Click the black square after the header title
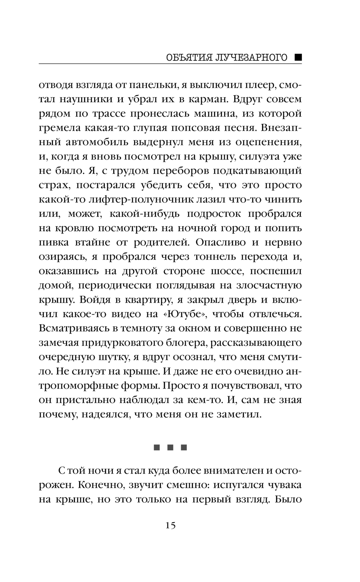click(x=298, y=57)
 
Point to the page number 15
click(x=171, y=525)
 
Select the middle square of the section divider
click(x=171, y=448)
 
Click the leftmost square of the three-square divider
click(x=157, y=448)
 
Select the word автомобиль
click(x=98, y=142)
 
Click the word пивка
click(x=54, y=242)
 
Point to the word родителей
click(x=162, y=242)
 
